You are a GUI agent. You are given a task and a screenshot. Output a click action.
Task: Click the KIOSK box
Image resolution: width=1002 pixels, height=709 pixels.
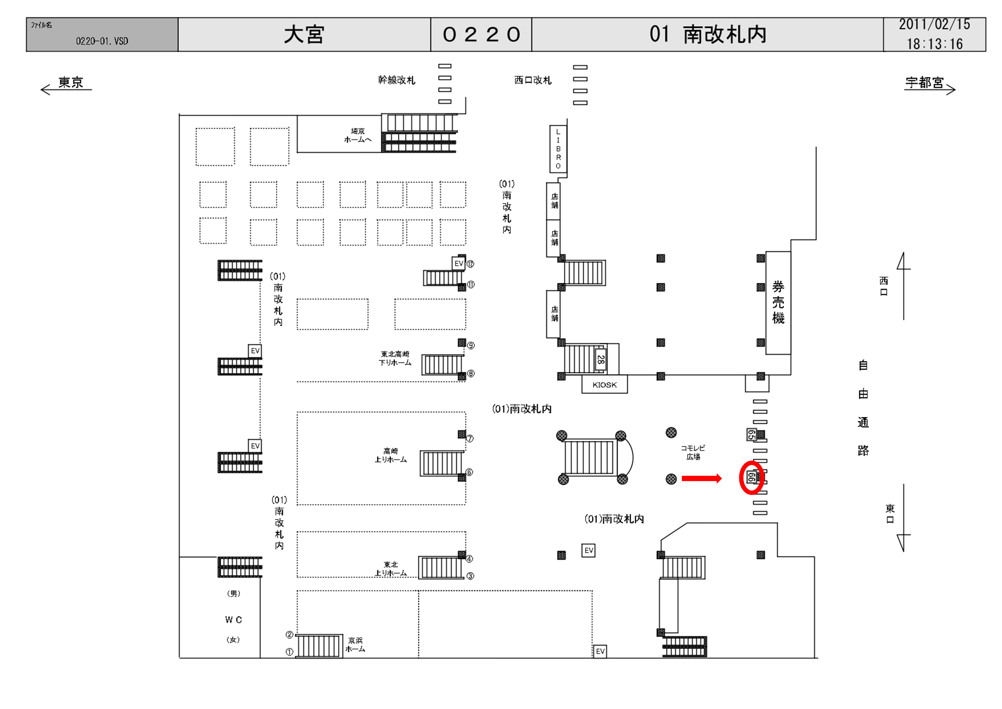pos(604,385)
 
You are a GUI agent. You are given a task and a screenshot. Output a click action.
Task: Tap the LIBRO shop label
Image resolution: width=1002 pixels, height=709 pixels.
pos(558,149)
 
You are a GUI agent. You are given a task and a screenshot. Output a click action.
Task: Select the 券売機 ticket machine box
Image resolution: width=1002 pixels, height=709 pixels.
pos(778,303)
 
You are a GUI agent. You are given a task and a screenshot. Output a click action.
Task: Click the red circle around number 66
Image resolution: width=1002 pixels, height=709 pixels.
pos(752,478)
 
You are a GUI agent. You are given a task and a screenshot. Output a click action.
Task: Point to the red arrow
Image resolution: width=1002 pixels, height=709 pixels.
pos(701,479)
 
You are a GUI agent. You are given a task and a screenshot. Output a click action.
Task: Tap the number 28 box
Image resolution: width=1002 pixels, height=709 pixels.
pos(601,360)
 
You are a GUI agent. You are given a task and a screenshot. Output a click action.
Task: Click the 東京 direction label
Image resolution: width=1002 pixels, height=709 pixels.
pos(71,82)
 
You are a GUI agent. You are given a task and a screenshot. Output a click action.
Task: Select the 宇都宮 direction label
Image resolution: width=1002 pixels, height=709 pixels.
pos(924,82)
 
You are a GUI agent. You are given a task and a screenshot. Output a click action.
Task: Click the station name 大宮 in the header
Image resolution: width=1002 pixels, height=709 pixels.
pos(304,34)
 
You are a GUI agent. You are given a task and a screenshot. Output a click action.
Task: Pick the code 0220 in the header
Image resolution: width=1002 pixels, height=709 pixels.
pos(481,34)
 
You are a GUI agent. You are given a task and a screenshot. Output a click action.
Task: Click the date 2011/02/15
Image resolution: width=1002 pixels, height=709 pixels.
pos(934,24)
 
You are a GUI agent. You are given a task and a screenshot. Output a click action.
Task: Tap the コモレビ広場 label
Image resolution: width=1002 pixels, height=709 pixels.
pos(692,452)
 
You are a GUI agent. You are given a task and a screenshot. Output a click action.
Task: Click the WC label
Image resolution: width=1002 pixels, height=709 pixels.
pos(233,620)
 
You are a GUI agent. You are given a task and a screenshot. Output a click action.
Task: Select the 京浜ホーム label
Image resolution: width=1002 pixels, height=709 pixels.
pos(355,644)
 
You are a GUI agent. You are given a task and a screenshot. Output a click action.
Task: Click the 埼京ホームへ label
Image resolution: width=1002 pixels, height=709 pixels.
pos(357,135)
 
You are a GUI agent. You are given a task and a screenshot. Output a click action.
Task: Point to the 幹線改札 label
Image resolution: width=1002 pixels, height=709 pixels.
pos(396,80)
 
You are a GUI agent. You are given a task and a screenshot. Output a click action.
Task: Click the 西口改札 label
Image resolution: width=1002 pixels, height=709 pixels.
pos(533,80)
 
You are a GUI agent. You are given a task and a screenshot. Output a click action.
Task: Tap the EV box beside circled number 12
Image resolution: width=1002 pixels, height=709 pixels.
pos(458,263)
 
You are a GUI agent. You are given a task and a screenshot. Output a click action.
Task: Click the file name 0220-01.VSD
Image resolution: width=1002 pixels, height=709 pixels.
pos(102,41)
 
